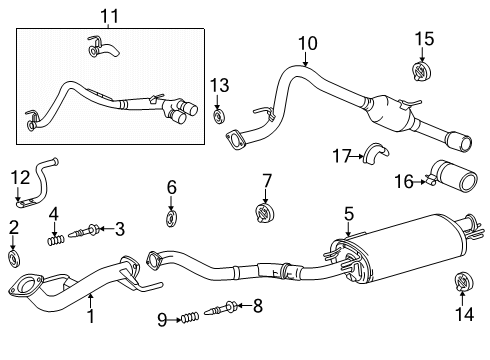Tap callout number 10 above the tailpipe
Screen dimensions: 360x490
pyautogui.click(x=307, y=43)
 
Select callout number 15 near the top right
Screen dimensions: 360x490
pyautogui.click(x=425, y=38)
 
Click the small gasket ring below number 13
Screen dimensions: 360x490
pyautogui.click(x=220, y=116)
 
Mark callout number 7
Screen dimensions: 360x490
pyautogui.click(x=266, y=180)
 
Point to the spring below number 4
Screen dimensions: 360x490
pyautogui.click(x=57, y=239)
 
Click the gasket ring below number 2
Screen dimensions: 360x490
pyautogui.click(x=13, y=259)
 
